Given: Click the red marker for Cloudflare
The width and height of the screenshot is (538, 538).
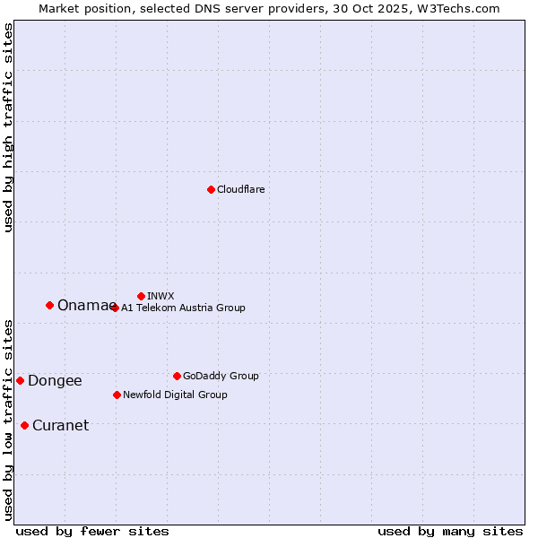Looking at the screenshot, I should point(211,189).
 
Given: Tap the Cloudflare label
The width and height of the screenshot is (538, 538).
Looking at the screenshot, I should point(240,190).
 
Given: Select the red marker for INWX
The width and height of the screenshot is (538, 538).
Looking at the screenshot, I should point(141,296).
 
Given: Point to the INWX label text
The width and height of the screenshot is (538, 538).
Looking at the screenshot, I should point(161,296).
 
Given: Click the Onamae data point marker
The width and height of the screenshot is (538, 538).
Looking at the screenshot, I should point(49,305).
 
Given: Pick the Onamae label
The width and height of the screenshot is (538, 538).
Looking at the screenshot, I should point(84,306).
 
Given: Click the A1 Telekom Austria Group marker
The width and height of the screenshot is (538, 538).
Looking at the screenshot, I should point(115,308).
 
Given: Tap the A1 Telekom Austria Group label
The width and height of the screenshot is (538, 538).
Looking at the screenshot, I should point(183,308).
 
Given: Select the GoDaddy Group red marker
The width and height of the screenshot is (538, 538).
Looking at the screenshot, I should point(177,376).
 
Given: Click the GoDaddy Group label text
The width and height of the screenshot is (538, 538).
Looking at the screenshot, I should point(221,377).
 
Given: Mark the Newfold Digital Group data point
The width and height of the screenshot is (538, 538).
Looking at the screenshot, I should point(117,395).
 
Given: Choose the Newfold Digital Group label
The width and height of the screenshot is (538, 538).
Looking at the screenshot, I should point(175,395).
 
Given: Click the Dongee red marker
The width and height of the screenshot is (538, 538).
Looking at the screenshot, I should point(20,380).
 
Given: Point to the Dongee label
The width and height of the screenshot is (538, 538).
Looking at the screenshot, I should point(55,381).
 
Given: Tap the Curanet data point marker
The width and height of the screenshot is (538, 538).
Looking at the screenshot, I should point(24,425).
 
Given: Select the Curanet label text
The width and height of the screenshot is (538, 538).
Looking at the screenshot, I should point(60,426).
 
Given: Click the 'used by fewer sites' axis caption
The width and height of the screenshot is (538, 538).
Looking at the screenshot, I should point(92,531).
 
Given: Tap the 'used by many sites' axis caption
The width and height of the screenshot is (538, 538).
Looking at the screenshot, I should point(450,531).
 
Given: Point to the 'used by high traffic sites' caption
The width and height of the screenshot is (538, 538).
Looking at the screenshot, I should point(8,127).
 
